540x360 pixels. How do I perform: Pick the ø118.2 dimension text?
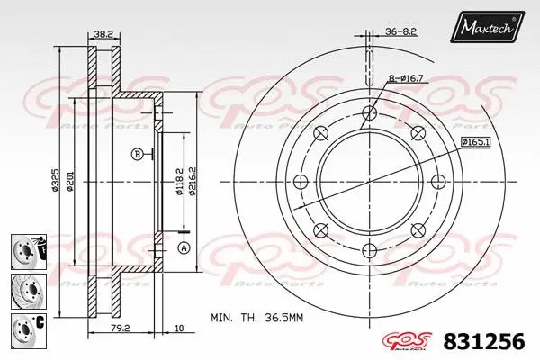point(178,180)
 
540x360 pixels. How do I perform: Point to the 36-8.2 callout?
point(401,31)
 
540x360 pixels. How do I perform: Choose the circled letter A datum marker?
point(184,247)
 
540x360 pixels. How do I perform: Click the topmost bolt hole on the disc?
point(368,111)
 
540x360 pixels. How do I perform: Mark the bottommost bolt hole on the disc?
point(368,251)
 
